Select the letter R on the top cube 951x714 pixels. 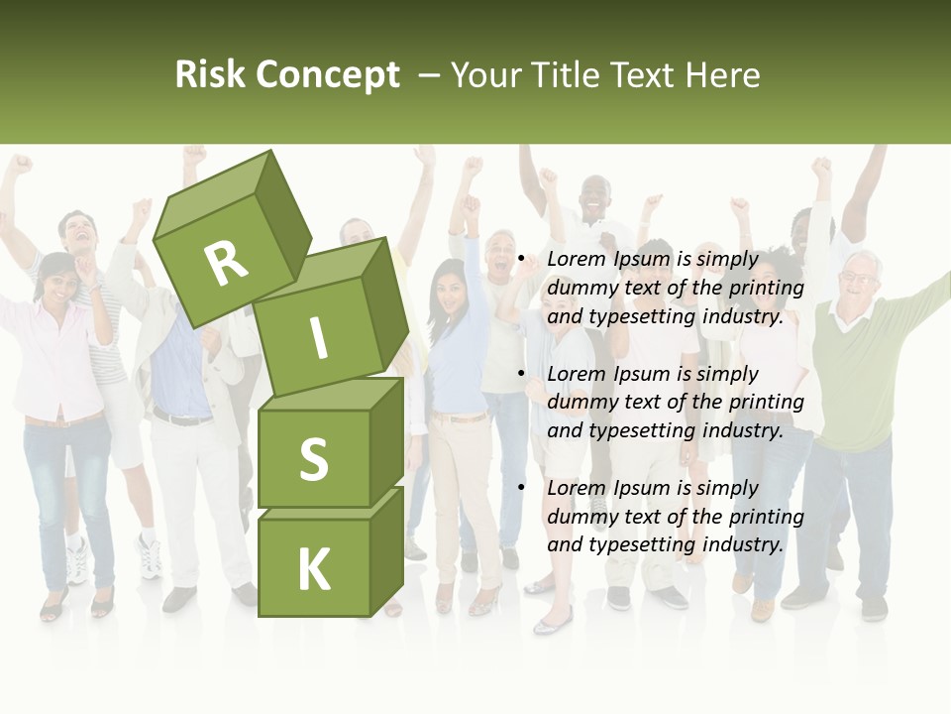point(226,262)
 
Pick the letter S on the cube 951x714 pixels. point(314,460)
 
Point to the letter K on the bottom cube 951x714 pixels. point(314,569)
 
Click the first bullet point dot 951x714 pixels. point(522,260)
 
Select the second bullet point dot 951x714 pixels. point(522,374)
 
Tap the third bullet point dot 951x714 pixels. point(522,488)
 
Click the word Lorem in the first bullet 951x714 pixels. point(574,260)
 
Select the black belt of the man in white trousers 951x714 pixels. point(182,417)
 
